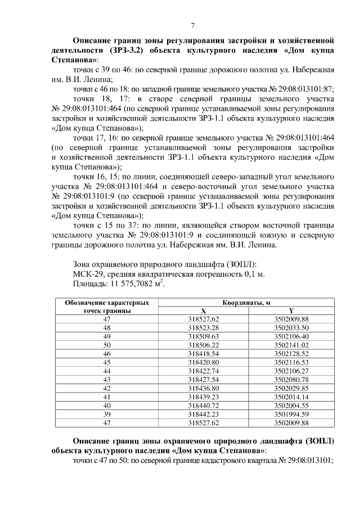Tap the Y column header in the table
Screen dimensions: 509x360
pos(291,310)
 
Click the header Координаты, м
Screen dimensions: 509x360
pos(246,303)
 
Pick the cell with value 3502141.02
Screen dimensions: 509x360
pos(291,344)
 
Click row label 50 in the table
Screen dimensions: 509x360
pos(107,344)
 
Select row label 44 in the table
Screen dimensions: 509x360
pos(107,370)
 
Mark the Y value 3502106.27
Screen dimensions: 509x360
pos(291,370)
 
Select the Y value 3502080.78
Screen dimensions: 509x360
pos(291,379)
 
